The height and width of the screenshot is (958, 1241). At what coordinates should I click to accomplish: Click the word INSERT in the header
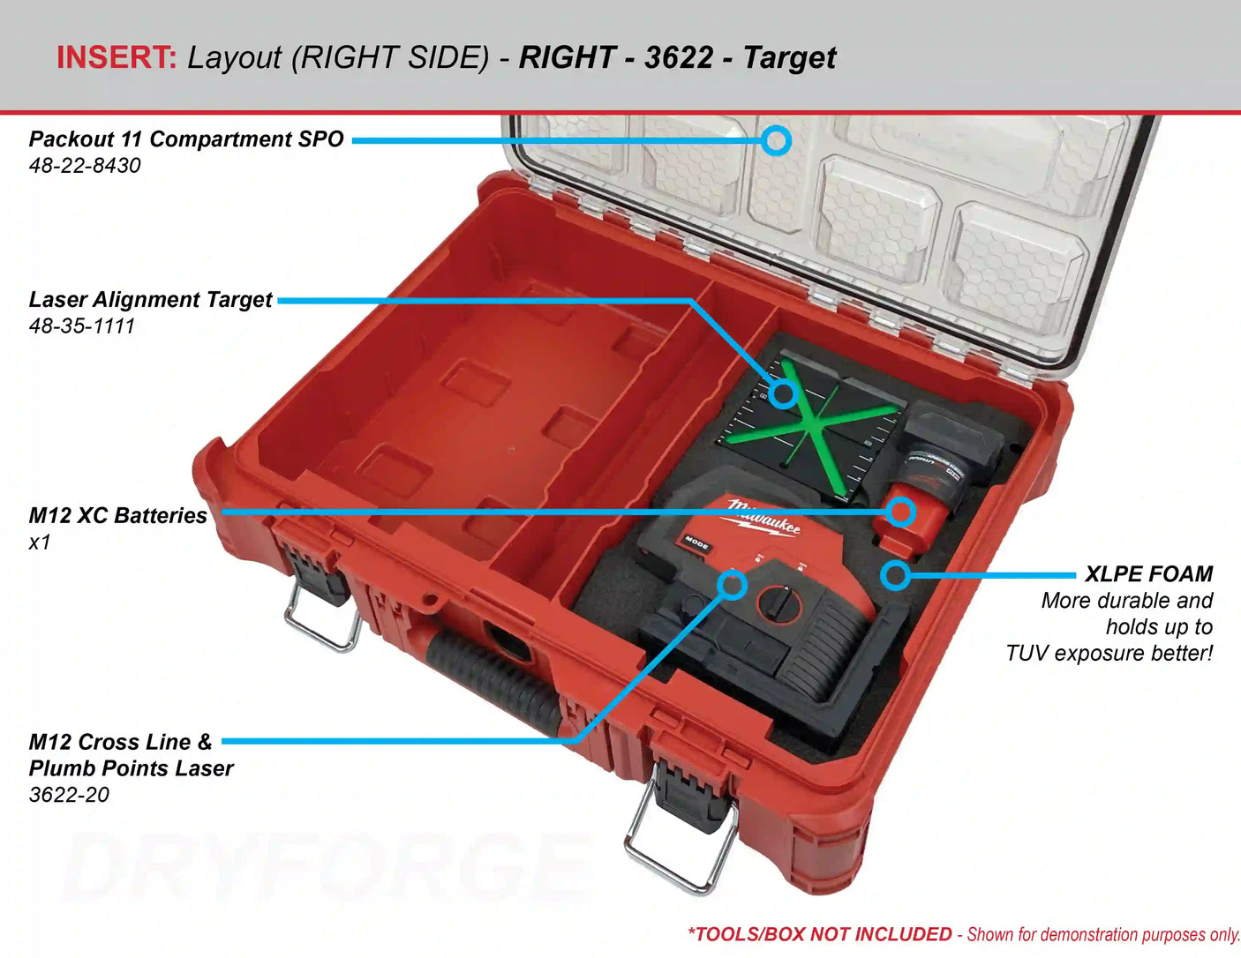click(x=116, y=57)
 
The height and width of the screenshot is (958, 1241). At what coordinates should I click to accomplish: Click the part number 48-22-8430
click(x=85, y=166)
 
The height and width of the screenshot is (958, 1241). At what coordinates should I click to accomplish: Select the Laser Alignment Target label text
click(x=150, y=300)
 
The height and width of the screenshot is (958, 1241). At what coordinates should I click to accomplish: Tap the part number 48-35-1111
click(x=81, y=326)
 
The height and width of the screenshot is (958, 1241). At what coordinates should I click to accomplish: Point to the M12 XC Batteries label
click(x=117, y=516)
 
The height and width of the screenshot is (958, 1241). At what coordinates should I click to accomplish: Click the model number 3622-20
click(x=69, y=795)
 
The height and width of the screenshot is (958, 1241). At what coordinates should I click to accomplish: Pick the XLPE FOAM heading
click(x=1148, y=574)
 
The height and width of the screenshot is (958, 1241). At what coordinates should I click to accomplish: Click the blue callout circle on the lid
click(x=776, y=140)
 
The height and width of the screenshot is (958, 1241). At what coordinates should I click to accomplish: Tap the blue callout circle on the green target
click(x=782, y=393)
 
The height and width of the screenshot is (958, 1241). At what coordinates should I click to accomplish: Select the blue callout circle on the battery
click(x=900, y=511)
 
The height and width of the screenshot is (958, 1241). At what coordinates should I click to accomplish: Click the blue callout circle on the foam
click(x=895, y=576)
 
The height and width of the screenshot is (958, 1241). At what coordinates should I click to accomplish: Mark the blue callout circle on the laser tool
click(x=732, y=584)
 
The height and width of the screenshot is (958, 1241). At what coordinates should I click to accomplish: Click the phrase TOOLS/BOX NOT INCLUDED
click(x=820, y=934)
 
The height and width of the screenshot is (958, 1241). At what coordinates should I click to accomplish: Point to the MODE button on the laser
click(x=696, y=543)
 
